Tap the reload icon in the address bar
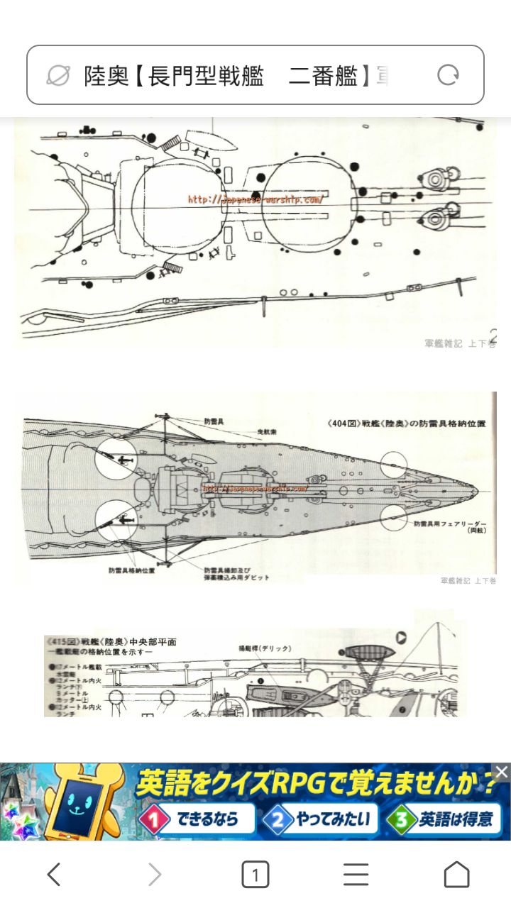pos(448,75)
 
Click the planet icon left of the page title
pos(58,75)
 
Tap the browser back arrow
pos(54,875)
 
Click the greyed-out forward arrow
pos(155,875)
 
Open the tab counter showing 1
pos(255,875)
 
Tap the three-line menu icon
pos(356,875)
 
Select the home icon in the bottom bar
pos(456,875)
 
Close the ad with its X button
pos(502,772)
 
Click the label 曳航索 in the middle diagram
pos(267,431)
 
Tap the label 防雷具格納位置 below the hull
pos(131,570)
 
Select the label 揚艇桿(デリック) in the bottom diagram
pos(266,648)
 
